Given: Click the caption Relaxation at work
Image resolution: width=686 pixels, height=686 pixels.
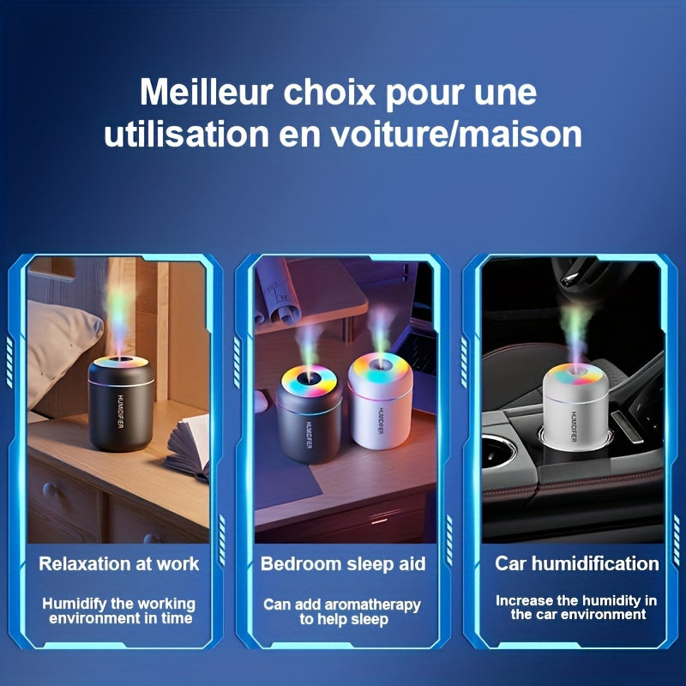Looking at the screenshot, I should click(118, 563).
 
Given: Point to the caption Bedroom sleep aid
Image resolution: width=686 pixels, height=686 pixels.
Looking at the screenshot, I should click(343, 563).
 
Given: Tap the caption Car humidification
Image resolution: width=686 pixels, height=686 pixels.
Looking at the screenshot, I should click(577, 563).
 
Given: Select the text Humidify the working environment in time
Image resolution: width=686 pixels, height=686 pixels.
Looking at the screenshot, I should click(118, 611).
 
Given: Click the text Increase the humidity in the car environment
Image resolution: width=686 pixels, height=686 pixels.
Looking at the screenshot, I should click(576, 607).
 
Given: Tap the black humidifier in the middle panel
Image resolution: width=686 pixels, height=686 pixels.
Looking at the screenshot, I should click(310, 416).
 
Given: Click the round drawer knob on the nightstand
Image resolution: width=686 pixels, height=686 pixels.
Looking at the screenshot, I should click(50, 490).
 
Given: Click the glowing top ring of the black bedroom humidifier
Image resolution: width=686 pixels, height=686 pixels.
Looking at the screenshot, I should click(308, 377).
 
